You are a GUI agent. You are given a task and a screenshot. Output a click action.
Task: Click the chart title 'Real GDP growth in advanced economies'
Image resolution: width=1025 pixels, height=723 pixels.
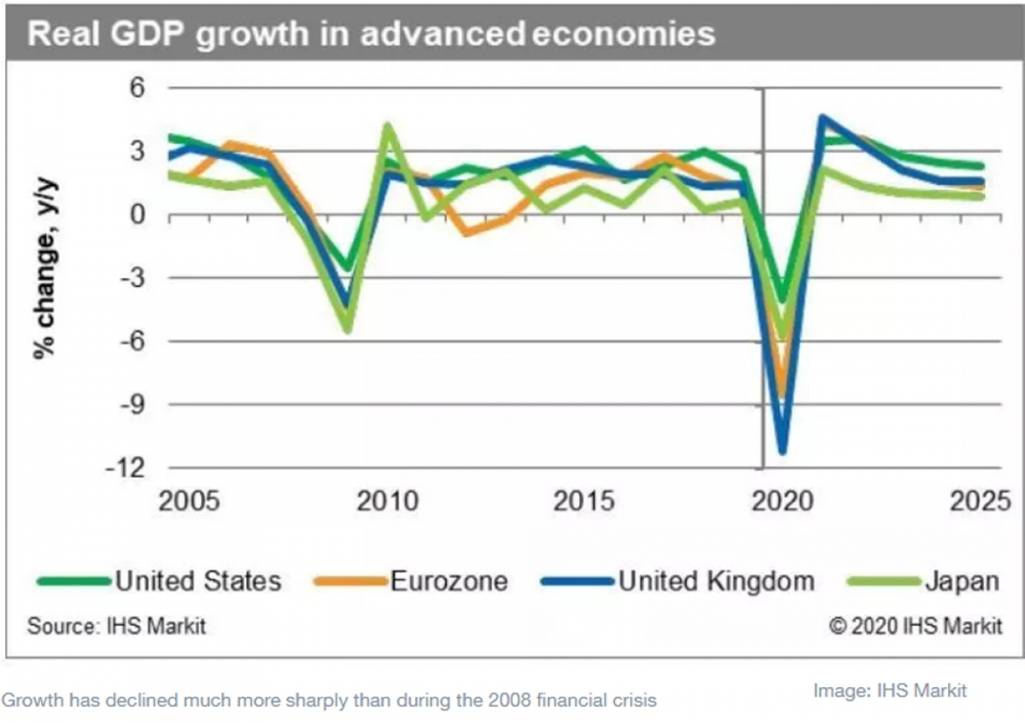click(x=371, y=33)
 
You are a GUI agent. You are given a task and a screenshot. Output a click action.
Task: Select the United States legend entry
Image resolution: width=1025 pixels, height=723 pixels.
click(x=197, y=581)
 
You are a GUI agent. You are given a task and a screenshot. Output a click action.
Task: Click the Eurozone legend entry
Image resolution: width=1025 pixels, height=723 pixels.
click(x=448, y=581)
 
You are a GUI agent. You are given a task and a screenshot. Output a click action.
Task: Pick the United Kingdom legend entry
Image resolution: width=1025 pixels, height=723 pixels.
click(x=716, y=581)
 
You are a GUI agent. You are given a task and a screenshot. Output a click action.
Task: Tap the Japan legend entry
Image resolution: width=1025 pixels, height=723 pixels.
click(x=961, y=581)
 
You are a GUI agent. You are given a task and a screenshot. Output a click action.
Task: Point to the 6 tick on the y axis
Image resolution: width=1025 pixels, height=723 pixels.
click(x=138, y=88)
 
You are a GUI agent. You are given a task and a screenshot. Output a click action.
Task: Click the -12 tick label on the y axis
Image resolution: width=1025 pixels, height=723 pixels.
click(x=127, y=467)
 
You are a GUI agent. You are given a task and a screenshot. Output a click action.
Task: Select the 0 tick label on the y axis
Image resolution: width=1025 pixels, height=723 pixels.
click(x=138, y=215)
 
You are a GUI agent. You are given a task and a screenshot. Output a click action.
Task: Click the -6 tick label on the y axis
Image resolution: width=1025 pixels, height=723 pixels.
click(x=132, y=341)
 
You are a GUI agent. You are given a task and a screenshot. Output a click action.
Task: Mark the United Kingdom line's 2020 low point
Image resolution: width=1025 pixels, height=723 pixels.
click(x=782, y=450)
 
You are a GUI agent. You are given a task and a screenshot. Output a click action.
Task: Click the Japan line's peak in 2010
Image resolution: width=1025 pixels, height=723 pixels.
click(x=388, y=126)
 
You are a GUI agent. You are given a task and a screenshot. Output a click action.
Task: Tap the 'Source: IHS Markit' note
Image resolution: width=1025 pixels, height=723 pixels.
click(x=116, y=626)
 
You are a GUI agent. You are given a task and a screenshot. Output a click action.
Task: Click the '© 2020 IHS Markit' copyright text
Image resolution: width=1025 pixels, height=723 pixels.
click(x=915, y=626)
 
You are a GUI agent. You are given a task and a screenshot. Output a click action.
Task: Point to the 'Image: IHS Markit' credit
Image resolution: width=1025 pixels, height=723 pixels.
click(x=890, y=690)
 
